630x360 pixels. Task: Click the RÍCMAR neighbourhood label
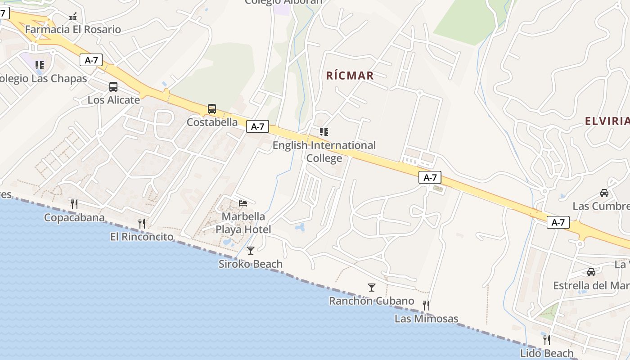coord(350,76)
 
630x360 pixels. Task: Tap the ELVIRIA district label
coord(607,121)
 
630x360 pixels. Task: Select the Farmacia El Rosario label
coord(73,30)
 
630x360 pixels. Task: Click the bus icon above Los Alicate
coord(113,87)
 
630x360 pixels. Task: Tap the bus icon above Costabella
coord(211,109)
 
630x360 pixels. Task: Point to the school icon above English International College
coord(324,132)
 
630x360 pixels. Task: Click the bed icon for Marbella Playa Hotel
coord(243,203)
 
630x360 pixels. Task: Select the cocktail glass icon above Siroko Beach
coord(251,251)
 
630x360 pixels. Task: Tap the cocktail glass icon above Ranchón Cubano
coord(371,288)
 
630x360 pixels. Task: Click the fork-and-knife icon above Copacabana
coord(74,204)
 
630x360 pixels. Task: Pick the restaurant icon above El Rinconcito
coord(142,223)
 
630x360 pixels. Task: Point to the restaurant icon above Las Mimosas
coord(426,306)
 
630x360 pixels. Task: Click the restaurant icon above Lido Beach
coord(546,340)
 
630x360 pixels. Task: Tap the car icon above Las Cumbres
coord(604,193)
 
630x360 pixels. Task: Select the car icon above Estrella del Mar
coord(591,272)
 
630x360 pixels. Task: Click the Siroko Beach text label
coord(251,264)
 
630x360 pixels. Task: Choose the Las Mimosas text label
coord(426,319)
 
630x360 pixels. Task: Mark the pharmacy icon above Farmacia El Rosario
coord(73,17)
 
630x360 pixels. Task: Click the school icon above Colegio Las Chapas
coord(40,65)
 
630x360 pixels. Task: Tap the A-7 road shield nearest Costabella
coord(257,127)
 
